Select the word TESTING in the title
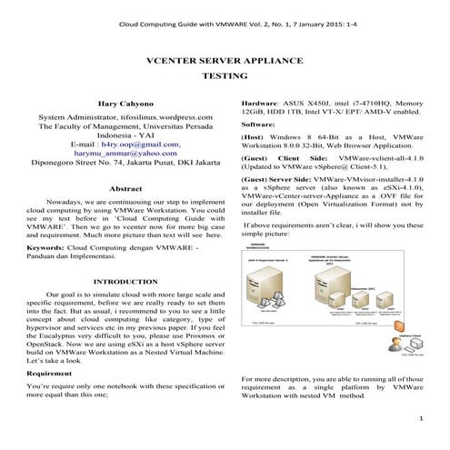click(225, 78)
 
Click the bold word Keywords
click(45, 247)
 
